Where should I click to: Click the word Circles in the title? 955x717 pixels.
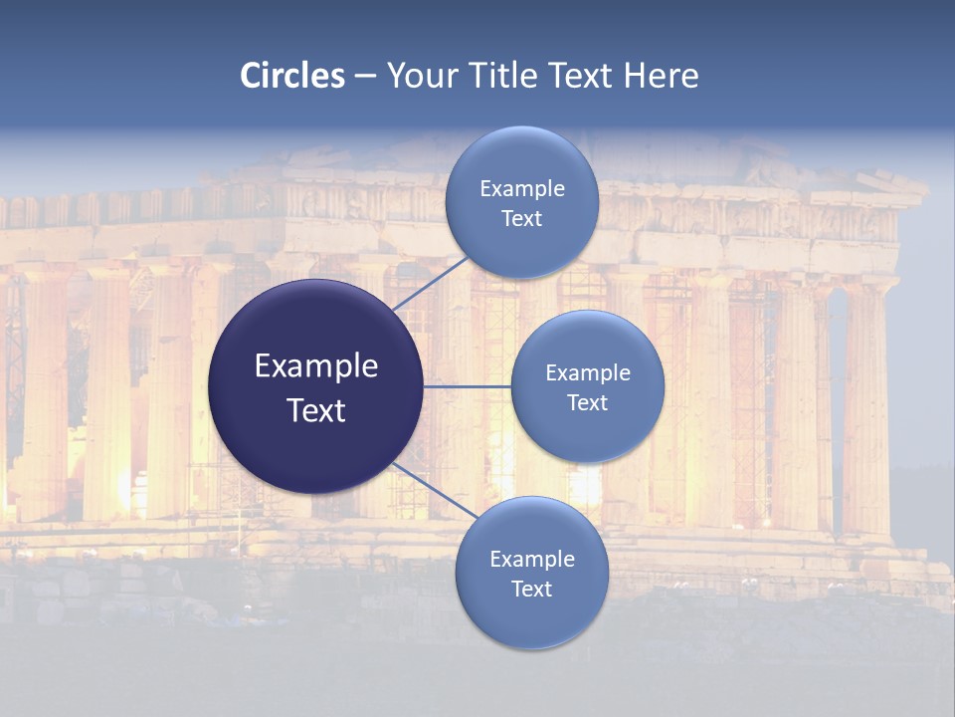coord(292,76)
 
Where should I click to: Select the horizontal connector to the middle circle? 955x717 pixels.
coord(468,386)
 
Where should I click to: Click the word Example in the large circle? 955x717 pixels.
coord(316,366)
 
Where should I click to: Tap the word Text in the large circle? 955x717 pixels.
coord(316,410)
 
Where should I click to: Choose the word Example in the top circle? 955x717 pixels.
coord(522,189)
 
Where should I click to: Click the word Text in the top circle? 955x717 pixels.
coord(522,219)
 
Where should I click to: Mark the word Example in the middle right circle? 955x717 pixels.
coord(588,373)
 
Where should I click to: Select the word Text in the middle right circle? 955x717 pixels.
coord(588,403)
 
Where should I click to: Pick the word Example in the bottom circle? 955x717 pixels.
coord(532,560)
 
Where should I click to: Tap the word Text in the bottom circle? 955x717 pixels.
coord(532,590)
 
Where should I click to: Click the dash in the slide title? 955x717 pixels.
coord(365,77)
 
